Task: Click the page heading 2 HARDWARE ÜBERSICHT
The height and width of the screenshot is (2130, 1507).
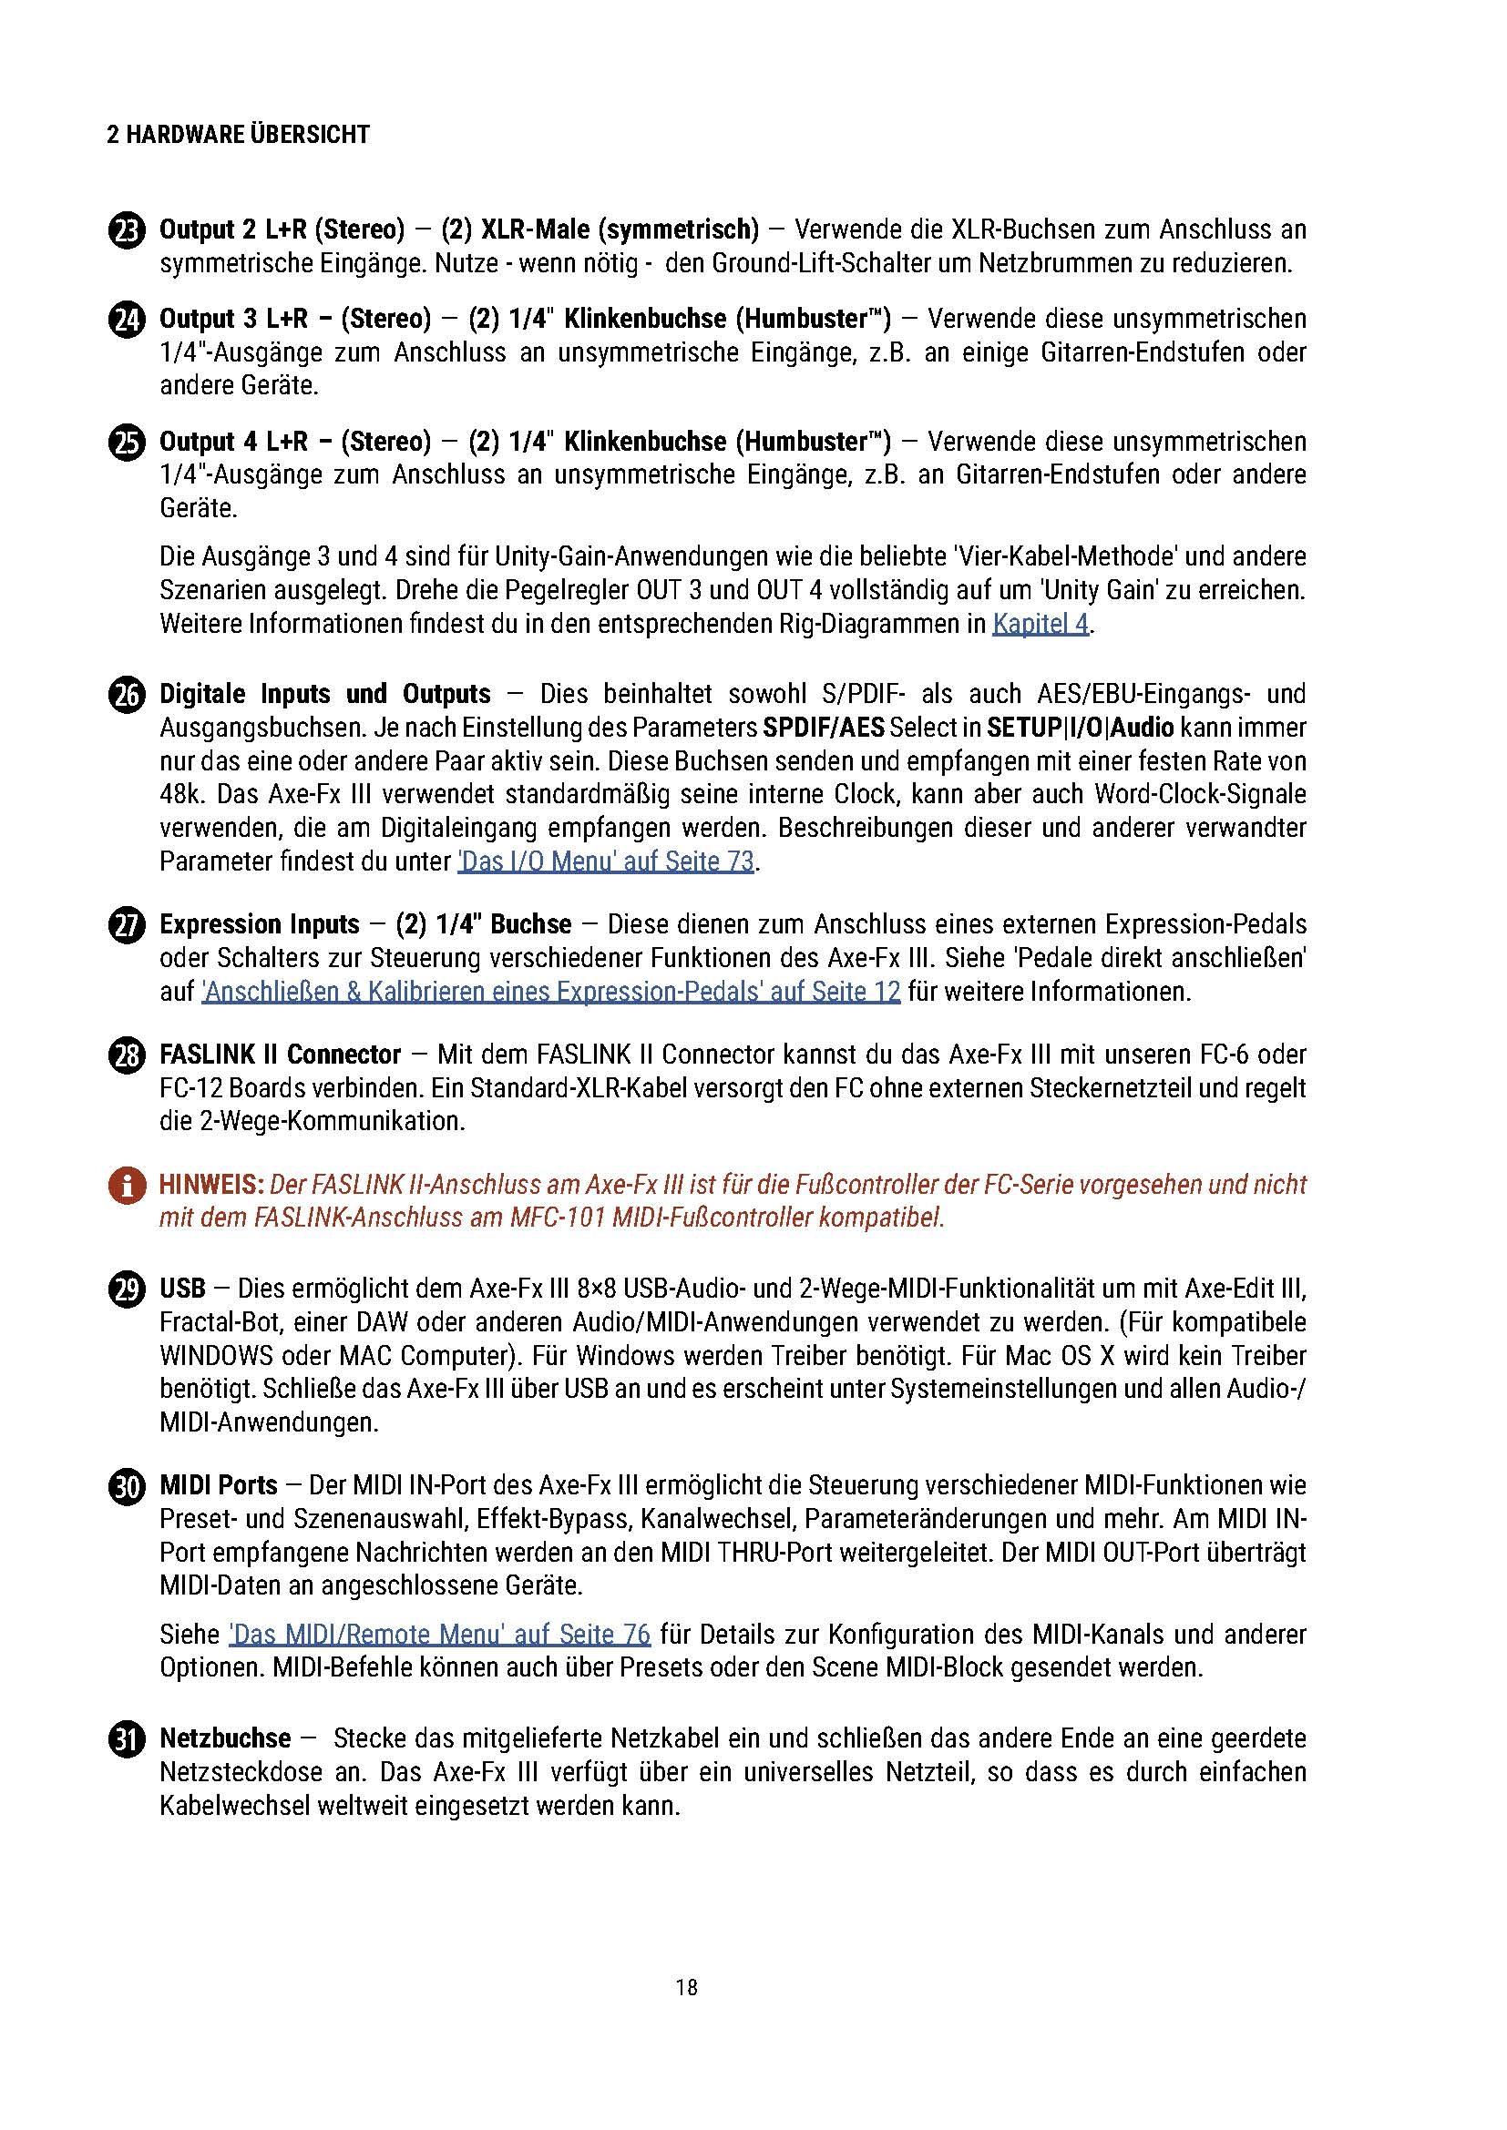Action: pyautogui.click(x=239, y=136)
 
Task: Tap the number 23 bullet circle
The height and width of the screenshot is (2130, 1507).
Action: pyautogui.click(x=127, y=230)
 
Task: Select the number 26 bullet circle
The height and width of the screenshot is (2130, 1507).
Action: pyautogui.click(x=127, y=695)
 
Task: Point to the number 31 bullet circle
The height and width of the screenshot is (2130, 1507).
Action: pyautogui.click(x=127, y=1739)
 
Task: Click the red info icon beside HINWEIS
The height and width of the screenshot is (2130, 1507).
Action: pyautogui.click(x=127, y=1186)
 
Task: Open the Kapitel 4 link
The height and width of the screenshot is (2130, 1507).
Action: pyautogui.click(x=1040, y=624)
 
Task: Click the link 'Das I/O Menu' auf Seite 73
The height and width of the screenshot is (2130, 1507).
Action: pyautogui.click(x=605, y=861)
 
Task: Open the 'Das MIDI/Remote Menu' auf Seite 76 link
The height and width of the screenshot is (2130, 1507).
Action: pyautogui.click(x=439, y=1634)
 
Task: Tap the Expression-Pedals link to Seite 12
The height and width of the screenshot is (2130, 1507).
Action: pyautogui.click(x=550, y=992)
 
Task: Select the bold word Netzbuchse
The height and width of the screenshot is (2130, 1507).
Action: pyautogui.click(x=224, y=1738)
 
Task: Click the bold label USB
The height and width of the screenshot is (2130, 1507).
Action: pyautogui.click(x=182, y=1289)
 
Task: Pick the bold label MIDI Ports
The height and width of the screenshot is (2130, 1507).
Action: pyautogui.click(x=218, y=1485)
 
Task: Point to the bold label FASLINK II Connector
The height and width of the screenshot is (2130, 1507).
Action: pyautogui.click(x=281, y=1055)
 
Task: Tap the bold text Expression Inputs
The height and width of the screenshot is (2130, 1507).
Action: pyautogui.click(x=259, y=924)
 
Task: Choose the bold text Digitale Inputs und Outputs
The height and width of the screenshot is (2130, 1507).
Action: pyautogui.click(x=324, y=694)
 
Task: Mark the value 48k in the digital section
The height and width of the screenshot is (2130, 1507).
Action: pyautogui.click(x=178, y=795)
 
